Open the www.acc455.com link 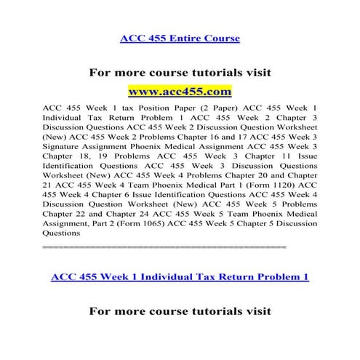(x=180, y=92)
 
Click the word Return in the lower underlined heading (x=236, y=277)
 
